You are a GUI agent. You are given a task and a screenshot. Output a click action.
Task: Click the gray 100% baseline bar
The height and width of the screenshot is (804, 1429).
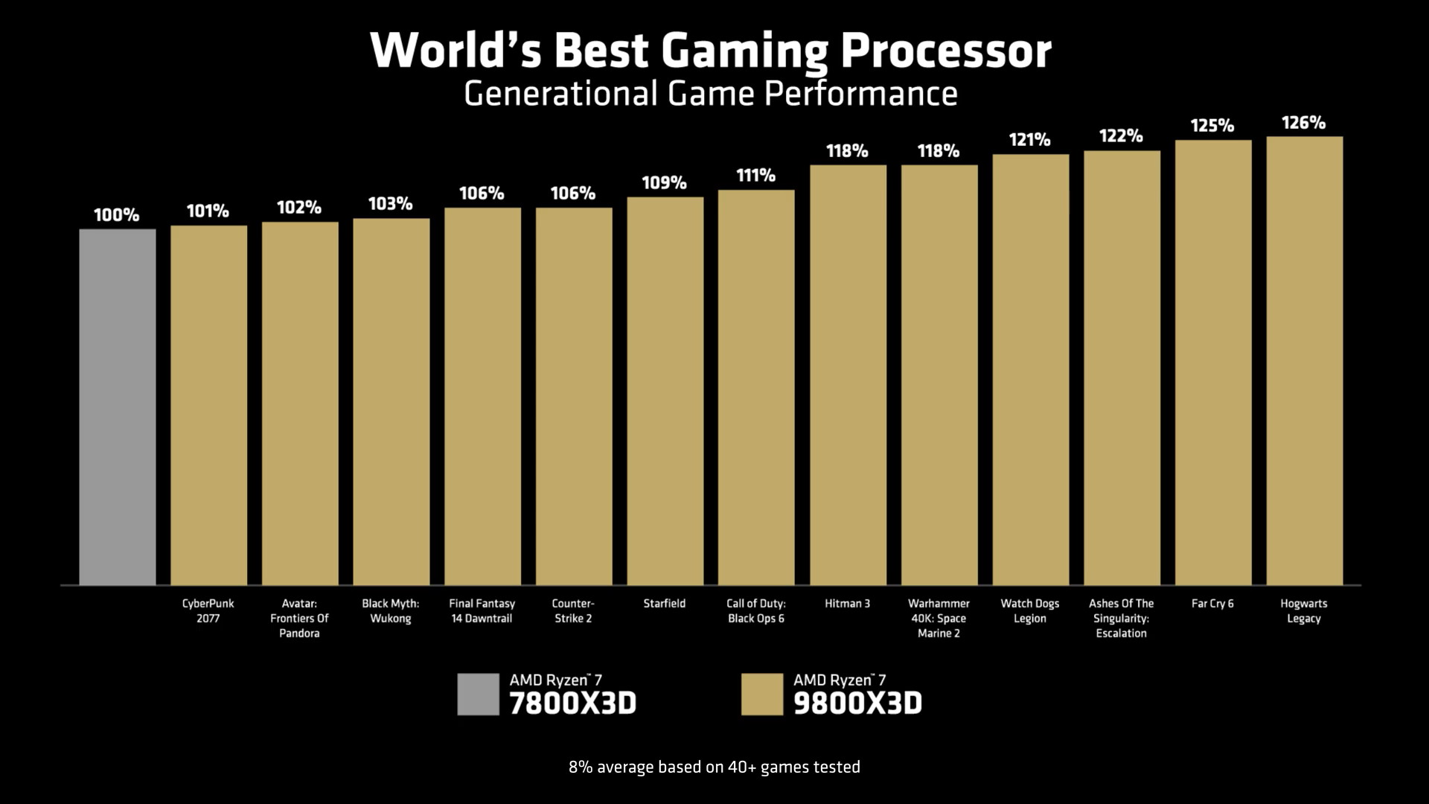pyautogui.click(x=118, y=406)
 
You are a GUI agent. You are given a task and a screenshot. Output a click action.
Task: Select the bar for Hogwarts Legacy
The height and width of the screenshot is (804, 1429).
pyautogui.click(x=1304, y=360)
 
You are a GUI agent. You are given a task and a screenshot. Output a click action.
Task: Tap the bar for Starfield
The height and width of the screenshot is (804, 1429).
pyautogui.click(x=665, y=391)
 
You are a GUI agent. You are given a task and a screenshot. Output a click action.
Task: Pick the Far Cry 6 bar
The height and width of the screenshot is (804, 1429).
pyautogui.click(x=1213, y=363)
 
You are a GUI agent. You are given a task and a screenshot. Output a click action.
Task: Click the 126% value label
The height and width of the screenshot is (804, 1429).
pyautogui.click(x=1303, y=123)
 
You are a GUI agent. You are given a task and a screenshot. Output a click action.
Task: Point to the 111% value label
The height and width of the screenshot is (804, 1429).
pyautogui.click(x=755, y=176)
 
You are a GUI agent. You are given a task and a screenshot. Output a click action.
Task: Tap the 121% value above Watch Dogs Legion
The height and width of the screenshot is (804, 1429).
pyautogui.click(x=1029, y=140)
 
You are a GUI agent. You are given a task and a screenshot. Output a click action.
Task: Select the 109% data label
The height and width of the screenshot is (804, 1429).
pyautogui.click(x=664, y=183)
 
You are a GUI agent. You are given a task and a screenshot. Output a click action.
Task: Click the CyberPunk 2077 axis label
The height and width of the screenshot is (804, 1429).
pyautogui.click(x=208, y=610)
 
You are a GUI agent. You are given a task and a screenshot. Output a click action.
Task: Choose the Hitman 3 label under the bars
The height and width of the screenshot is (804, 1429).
pyautogui.click(x=847, y=604)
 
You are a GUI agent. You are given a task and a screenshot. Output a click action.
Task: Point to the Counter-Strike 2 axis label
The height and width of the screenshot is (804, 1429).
pyautogui.click(x=573, y=610)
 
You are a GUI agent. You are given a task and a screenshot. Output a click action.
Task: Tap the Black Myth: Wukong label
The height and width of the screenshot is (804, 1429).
pyautogui.click(x=391, y=610)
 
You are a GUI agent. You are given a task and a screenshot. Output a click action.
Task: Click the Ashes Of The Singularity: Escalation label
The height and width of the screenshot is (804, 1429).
pyautogui.click(x=1121, y=618)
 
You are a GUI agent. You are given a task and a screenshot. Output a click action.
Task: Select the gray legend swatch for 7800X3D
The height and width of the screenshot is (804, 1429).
pyautogui.click(x=478, y=694)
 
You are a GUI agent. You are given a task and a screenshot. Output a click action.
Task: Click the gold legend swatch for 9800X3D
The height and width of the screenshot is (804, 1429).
pyautogui.click(x=761, y=694)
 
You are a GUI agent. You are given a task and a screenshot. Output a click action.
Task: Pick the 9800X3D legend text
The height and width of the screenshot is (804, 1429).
pyautogui.click(x=857, y=703)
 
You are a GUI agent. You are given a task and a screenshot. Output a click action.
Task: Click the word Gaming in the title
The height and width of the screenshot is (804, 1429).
pyautogui.click(x=744, y=51)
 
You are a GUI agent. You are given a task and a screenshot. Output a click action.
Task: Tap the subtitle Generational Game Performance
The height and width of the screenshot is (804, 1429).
pyautogui.click(x=711, y=94)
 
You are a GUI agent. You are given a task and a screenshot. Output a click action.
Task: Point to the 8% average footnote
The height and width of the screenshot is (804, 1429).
pyautogui.click(x=714, y=767)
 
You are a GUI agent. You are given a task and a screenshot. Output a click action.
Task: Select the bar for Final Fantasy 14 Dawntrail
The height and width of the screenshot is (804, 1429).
pyautogui.click(x=482, y=396)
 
